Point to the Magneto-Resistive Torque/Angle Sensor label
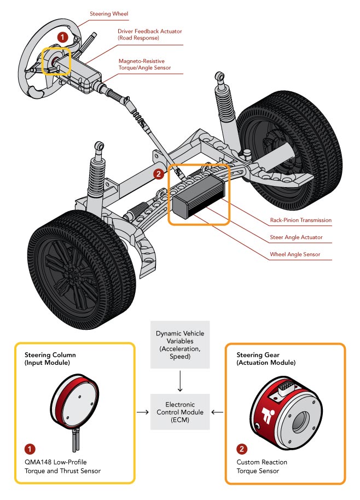(x=145, y=65)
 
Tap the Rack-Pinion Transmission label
(x=301, y=220)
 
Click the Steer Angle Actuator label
(x=296, y=237)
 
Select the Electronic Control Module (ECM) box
(x=179, y=412)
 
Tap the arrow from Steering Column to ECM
(x=143, y=412)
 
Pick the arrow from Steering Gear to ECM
(x=216, y=412)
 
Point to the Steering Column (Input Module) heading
(x=50, y=358)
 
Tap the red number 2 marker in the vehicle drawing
(x=158, y=175)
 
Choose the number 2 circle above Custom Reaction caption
(x=241, y=449)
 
